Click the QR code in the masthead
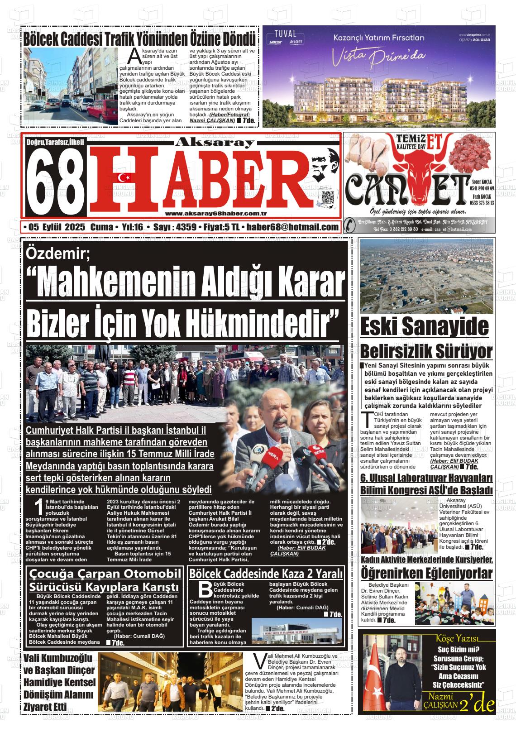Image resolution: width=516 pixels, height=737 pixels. point(327,198)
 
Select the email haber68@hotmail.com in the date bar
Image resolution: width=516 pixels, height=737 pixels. point(292,227)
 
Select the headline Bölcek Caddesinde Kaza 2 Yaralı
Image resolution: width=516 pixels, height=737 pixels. point(266,574)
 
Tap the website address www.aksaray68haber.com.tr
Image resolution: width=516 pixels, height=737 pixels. point(215,214)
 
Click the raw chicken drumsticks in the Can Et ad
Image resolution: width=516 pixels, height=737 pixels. point(364,154)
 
